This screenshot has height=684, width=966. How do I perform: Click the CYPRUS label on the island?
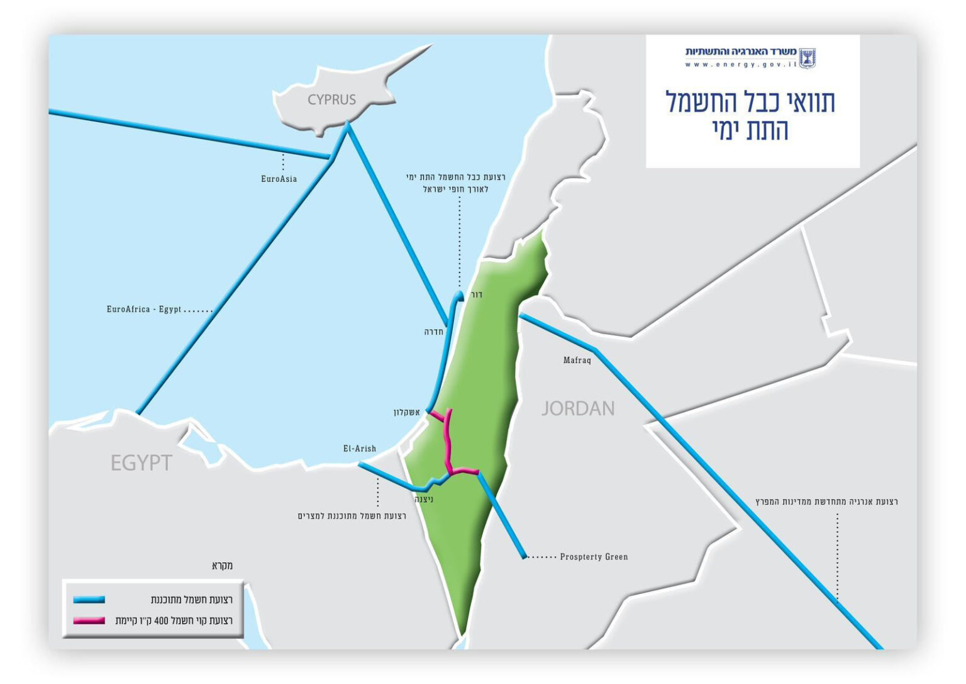coord(331,99)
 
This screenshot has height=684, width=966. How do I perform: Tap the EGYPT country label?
coord(141,463)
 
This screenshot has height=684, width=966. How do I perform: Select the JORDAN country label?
coord(578,409)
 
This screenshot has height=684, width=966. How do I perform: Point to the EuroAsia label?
coord(279,179)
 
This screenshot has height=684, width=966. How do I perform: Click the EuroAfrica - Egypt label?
coord(144,310)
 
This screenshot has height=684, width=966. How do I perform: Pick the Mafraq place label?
coord(577,361)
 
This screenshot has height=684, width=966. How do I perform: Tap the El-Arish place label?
coord(360,449)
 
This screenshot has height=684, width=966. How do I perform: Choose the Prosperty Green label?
coord(594,557)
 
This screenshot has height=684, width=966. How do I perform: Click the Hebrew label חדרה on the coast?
coord(434,332)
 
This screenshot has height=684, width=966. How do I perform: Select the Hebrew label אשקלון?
coord(406,412)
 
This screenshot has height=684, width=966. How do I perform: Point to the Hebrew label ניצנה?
coord(424,500)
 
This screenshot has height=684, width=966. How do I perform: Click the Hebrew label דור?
coord(477,294)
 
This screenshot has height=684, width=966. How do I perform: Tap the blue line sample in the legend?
coord(89,600)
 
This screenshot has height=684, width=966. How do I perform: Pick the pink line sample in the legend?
coord(89,620)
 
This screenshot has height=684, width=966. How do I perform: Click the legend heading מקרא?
coord(222,566)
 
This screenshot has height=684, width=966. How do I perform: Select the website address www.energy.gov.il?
coord(741,64)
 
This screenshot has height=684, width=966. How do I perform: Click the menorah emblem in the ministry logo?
coord(807,58)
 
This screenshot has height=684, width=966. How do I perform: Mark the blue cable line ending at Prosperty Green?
coord(501,515)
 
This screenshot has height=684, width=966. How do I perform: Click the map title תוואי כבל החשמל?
coord(750,102)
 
